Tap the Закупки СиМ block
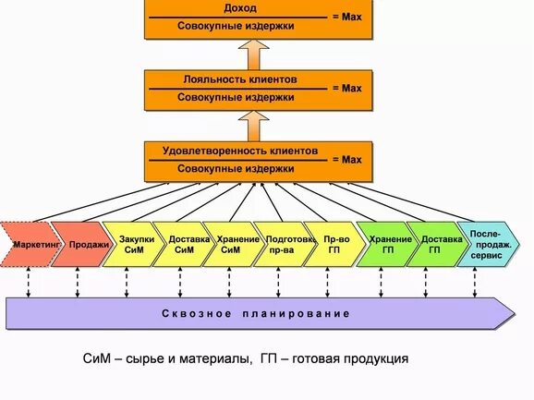132,244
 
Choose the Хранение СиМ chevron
231,244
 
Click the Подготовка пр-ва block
281,244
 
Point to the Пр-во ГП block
333,244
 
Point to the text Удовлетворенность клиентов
240,150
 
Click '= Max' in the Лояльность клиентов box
346,89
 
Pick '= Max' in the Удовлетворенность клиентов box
346,160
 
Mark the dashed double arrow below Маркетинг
29,282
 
